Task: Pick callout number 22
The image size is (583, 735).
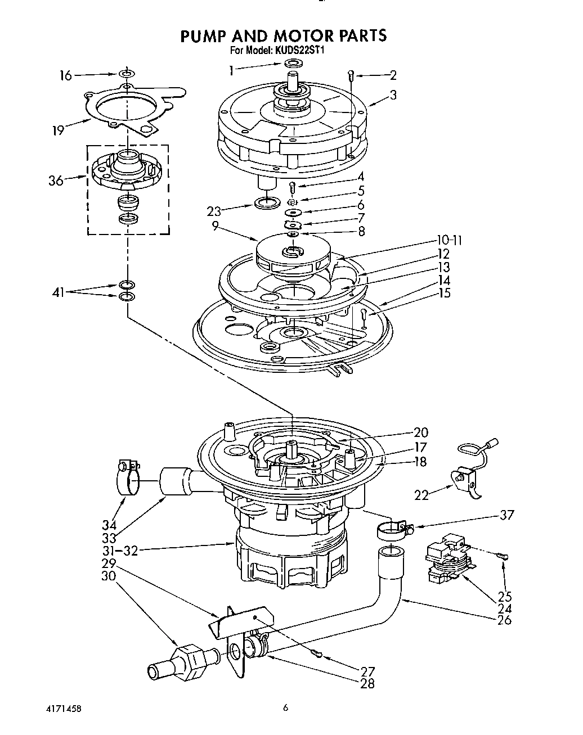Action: [421, 495]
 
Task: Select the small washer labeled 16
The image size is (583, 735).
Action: [127, 74]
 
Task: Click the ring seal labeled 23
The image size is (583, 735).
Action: [267, 202]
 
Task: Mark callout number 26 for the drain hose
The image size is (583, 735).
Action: [504, 620]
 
